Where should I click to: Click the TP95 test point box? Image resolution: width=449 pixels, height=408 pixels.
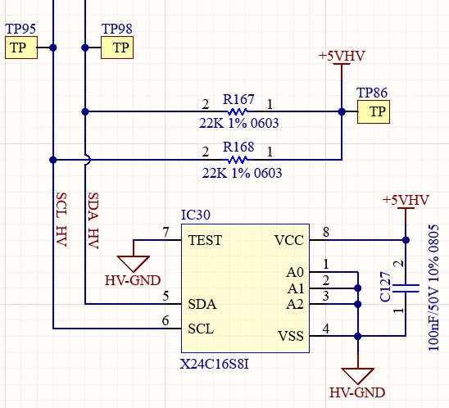[21, 48]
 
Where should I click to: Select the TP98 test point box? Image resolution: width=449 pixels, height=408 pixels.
[117, 48]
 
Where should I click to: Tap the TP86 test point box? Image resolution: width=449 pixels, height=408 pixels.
[374, 111]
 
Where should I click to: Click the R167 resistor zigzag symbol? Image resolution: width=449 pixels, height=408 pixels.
[238, 111]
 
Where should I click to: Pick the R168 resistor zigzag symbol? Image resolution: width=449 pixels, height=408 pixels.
[238, 160]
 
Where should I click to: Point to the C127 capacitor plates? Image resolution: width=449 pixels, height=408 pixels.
[406, 288]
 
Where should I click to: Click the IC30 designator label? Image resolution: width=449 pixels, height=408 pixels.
[196, 215]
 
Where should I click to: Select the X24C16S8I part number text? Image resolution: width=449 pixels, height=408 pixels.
[215, 365]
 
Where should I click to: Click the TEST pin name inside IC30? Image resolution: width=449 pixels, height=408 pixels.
[205, 240]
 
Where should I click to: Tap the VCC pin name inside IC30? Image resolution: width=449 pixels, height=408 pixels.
[289, 240]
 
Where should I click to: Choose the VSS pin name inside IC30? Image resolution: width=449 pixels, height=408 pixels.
[291, 336]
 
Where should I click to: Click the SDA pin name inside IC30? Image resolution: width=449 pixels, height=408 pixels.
[202, 304]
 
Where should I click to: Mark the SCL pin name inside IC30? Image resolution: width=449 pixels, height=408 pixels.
[201, 329]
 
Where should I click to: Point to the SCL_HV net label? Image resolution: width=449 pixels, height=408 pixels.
[61, 220]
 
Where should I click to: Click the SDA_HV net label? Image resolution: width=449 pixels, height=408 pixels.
[93, 220]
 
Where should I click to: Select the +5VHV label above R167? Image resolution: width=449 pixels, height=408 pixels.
[342, 56]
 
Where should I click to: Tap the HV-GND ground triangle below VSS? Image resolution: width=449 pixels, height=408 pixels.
[358, 376]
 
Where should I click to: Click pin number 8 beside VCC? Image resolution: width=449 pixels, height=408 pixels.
[326, 232]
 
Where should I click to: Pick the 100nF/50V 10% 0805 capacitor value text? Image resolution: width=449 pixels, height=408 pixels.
[433, 288]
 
